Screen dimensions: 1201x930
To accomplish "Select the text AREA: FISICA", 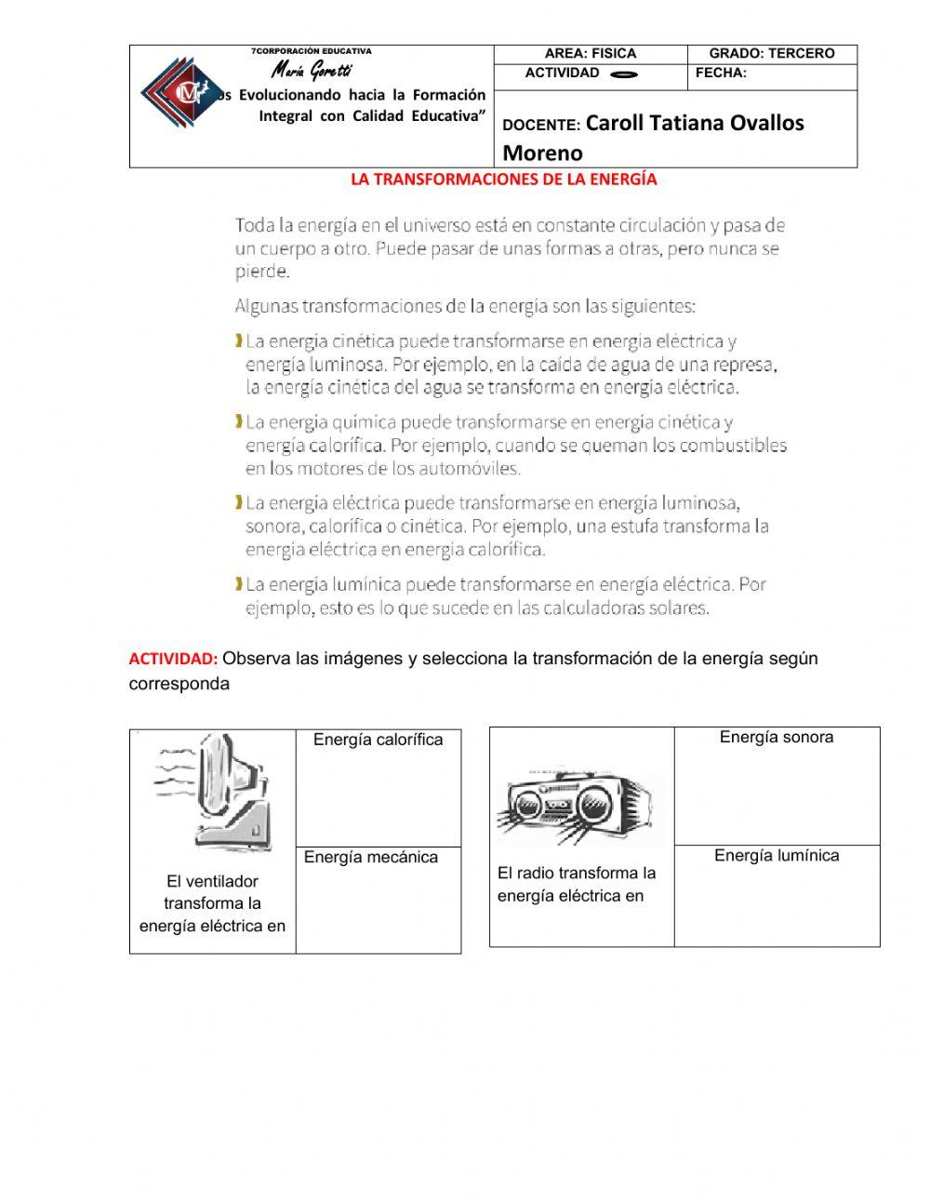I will click(x=591, y=54).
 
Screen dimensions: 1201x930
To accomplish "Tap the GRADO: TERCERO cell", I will click(x=772, y=54).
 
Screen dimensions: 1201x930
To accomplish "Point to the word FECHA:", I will click(x=721, y=73).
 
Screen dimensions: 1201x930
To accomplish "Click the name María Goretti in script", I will click(x=312, y=71).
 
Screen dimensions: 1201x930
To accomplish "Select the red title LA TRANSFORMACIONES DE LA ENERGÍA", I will click(x=503, y=180).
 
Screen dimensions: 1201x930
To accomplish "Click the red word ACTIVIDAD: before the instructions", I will click(x=173, y=660).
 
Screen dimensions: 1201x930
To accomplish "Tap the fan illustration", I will click(x=215, y=792).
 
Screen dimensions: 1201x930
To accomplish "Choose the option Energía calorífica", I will click(x=378, y=741).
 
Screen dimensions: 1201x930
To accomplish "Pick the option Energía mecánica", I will click(x=370, y=858).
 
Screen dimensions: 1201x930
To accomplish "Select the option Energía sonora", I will click(x=776, y=738).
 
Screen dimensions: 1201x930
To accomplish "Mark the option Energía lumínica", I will click(x=776, y=856).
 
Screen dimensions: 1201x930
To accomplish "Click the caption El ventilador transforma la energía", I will click(x=212, y=903).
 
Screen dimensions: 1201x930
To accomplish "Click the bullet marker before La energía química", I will click(x=239, y=422).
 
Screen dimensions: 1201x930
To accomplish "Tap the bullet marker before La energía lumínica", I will click(x=239, y=584).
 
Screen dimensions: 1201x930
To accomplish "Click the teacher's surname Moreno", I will click(x=542, y=153).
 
